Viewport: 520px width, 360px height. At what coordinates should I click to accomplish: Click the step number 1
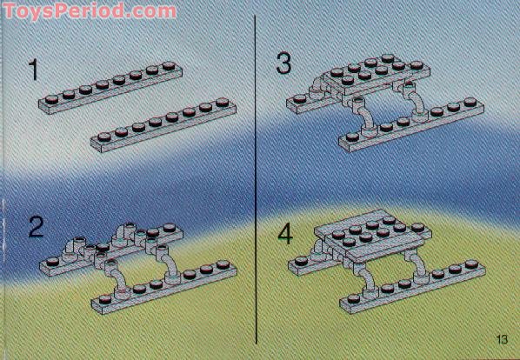pyautogui.click(x=35, y=70)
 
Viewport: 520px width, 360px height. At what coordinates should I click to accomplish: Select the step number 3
pyautogui.click(x=284, y=63)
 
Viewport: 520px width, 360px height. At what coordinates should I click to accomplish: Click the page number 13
pyautogui.click(x=502, y=339)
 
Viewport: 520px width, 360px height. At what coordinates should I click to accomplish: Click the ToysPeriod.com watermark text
pyautogui.click(x=89, y=11)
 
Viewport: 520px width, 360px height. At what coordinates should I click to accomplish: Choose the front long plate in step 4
pyautogui.click(x=409, y=283)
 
